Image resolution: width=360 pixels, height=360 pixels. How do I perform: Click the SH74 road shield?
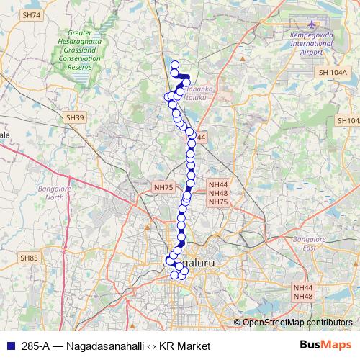click(x=31, y=14)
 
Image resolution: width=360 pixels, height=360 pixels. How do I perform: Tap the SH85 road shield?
click(x=29, y=257)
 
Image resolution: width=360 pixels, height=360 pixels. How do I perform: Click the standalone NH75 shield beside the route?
click(x=163, y=187)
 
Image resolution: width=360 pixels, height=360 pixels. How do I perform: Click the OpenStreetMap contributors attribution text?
click(x=297, y=322)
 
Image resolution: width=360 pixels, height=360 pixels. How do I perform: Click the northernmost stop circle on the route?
click(x=174, y=65)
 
